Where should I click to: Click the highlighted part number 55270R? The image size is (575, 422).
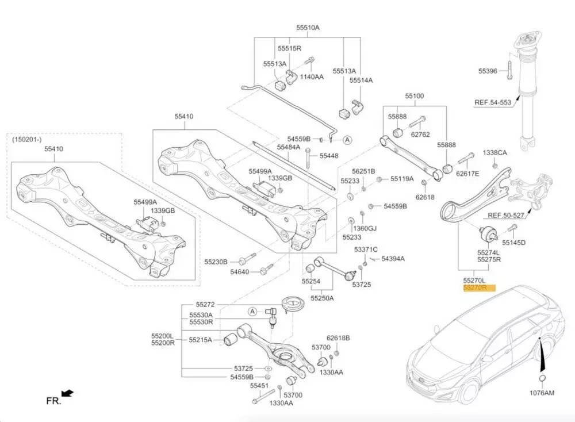point(475,287)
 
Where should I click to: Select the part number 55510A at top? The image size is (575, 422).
point(308,28)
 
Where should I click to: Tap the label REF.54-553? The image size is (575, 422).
point(492,103)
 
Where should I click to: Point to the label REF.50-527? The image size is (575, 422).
point(506,216)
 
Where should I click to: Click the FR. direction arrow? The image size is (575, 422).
point(67,394)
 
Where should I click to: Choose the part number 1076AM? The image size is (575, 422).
point(541,393)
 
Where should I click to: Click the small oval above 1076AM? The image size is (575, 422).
point(541,378)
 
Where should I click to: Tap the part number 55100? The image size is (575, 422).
point(415,96)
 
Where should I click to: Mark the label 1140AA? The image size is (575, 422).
point(312,76)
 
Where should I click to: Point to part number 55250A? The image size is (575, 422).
point(322,298)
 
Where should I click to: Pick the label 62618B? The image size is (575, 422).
point(338,338)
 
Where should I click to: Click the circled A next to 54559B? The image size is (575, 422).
point(347,139)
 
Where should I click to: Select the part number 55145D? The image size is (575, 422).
point(513,243)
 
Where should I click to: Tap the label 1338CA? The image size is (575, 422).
point(494,153)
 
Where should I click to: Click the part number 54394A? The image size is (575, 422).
point(393,259)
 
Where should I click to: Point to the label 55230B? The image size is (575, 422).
point(216,261)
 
